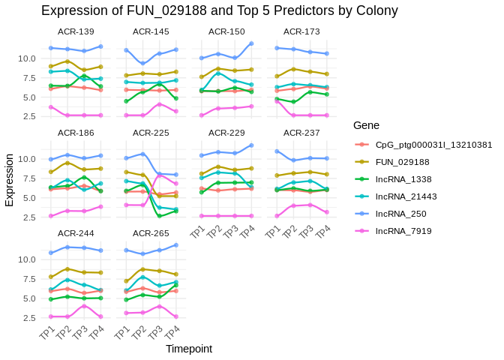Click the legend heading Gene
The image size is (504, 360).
point(367,125)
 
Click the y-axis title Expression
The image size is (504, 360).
point(10,180)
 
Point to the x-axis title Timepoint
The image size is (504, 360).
point(189,349)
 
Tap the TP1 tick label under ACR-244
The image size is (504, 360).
point(47,332)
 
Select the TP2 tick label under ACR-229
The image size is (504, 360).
point(214,232)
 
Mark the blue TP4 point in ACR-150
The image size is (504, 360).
point(251,43)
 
